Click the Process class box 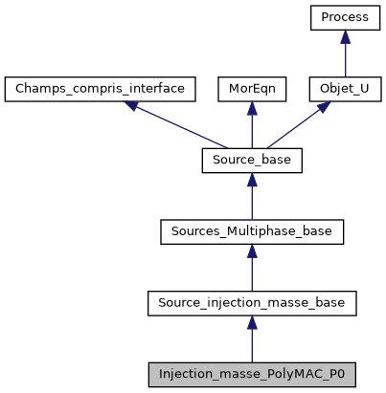point(346,17)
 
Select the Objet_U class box point(346,89)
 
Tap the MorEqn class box point(251,89)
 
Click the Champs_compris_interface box point(101,89)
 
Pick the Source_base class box point(252,161)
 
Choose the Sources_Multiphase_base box point(252,232)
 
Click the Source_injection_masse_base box point(252,304)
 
